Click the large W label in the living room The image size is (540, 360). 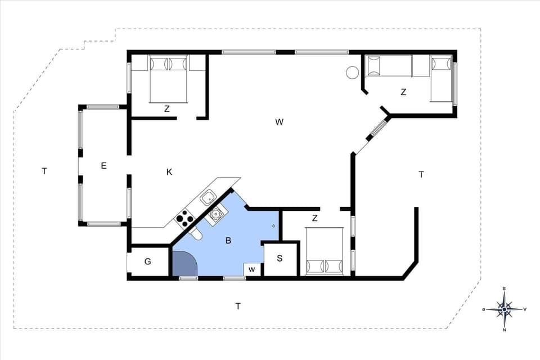click(279, 122)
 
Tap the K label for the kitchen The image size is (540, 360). click(169, 172)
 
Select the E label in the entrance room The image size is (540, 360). click(103, 165)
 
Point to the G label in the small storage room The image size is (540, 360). click(148, 262)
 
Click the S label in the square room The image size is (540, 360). click(280, 259)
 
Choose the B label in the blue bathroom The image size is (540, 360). click(228, 241)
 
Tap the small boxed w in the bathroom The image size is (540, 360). click(252, 269)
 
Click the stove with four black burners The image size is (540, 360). click(185, 218)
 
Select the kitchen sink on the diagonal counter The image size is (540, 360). click(209, 197)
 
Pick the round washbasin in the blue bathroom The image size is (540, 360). click(215, 214)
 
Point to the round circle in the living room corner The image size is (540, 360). click(352, 73)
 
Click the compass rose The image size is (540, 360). click(505, 309)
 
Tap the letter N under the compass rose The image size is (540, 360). click(505, 330)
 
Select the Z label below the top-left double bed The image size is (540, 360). click(167, 109)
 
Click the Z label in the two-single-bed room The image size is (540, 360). click(403, 92)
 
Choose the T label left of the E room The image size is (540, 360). click(44, 170)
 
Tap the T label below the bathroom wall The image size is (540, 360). click(238, 306)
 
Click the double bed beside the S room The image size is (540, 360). click(325, 251)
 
